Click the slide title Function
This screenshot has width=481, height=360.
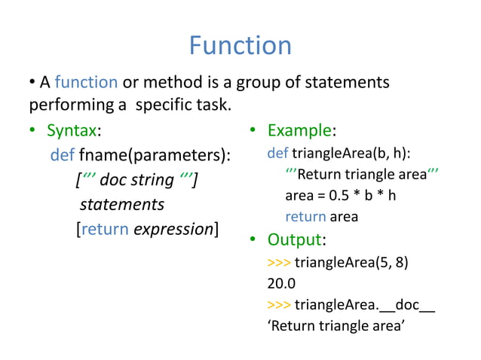(x=240, y=46)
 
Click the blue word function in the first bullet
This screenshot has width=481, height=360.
(x=86, y=82)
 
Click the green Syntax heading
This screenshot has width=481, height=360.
(x=73, y=130)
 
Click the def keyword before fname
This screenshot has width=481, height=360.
(x=62, y=156)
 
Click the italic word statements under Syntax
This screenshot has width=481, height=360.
(x=121, y=205)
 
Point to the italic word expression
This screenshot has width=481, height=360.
(x=173, y=229)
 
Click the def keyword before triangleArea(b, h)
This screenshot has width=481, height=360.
(x=277, y=154)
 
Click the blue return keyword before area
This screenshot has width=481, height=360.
(x=305, y=217)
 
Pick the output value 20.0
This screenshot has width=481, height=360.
(x=281, y=284)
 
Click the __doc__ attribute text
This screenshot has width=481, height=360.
(x=406, y=305)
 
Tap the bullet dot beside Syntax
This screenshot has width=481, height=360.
(x=33, y=131)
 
